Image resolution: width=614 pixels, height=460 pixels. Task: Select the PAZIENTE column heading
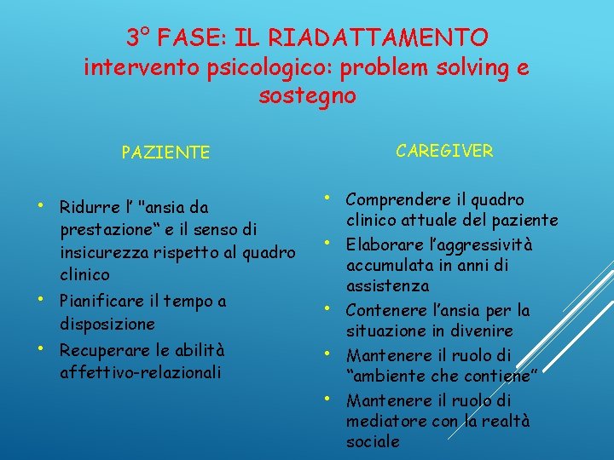coord(165,152)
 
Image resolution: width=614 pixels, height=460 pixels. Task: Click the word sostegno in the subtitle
coord(307,95)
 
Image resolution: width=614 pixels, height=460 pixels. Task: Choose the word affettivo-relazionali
coord(141,372)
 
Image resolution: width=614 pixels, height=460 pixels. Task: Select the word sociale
coord(373,441)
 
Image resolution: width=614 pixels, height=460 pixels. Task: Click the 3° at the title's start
coord(138,37)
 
